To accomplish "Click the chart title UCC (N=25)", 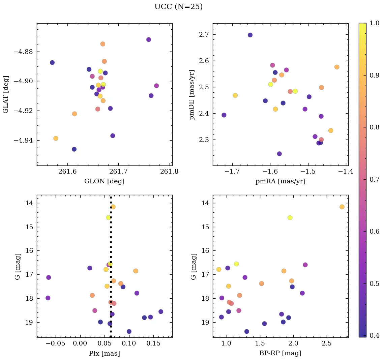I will coord(178,7).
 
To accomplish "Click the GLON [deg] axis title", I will coord(104,181).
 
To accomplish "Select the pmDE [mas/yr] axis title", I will coord(193,94).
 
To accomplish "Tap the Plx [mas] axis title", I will coord(104,353).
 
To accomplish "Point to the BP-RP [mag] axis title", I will coord(280,353).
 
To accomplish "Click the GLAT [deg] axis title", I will coord(6,94).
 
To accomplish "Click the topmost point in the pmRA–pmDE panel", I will coord(250,35).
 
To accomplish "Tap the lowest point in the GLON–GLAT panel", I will coord(74,149).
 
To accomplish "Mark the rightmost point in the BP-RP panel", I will coord(342,207).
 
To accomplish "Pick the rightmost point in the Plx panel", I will coord(161,311).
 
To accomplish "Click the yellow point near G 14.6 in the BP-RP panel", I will coord(290,217).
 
